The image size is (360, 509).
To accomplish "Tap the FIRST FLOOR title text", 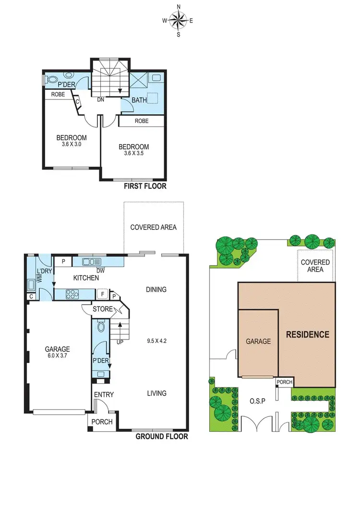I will click(145, 186).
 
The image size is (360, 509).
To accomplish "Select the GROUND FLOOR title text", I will click(162, 436).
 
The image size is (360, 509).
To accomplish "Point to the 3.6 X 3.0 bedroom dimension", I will click(72, 144).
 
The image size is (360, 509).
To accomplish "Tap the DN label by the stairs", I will click(101, 100).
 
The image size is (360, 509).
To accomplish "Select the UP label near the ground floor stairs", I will click(120, 342).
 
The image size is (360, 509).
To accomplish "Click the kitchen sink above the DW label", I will click(91, 262).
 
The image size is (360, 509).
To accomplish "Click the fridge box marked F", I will click(103, 294).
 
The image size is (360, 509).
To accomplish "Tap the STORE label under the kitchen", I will click(103, 309).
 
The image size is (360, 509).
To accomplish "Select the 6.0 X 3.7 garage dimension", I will click(57, 356).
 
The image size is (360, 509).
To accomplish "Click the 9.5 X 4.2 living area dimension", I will click(157, 342).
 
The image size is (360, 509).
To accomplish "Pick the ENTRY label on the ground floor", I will click(104, 395).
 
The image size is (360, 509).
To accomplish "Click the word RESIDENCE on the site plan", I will click(308, 334).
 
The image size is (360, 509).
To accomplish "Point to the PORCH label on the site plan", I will click(284, 383).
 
